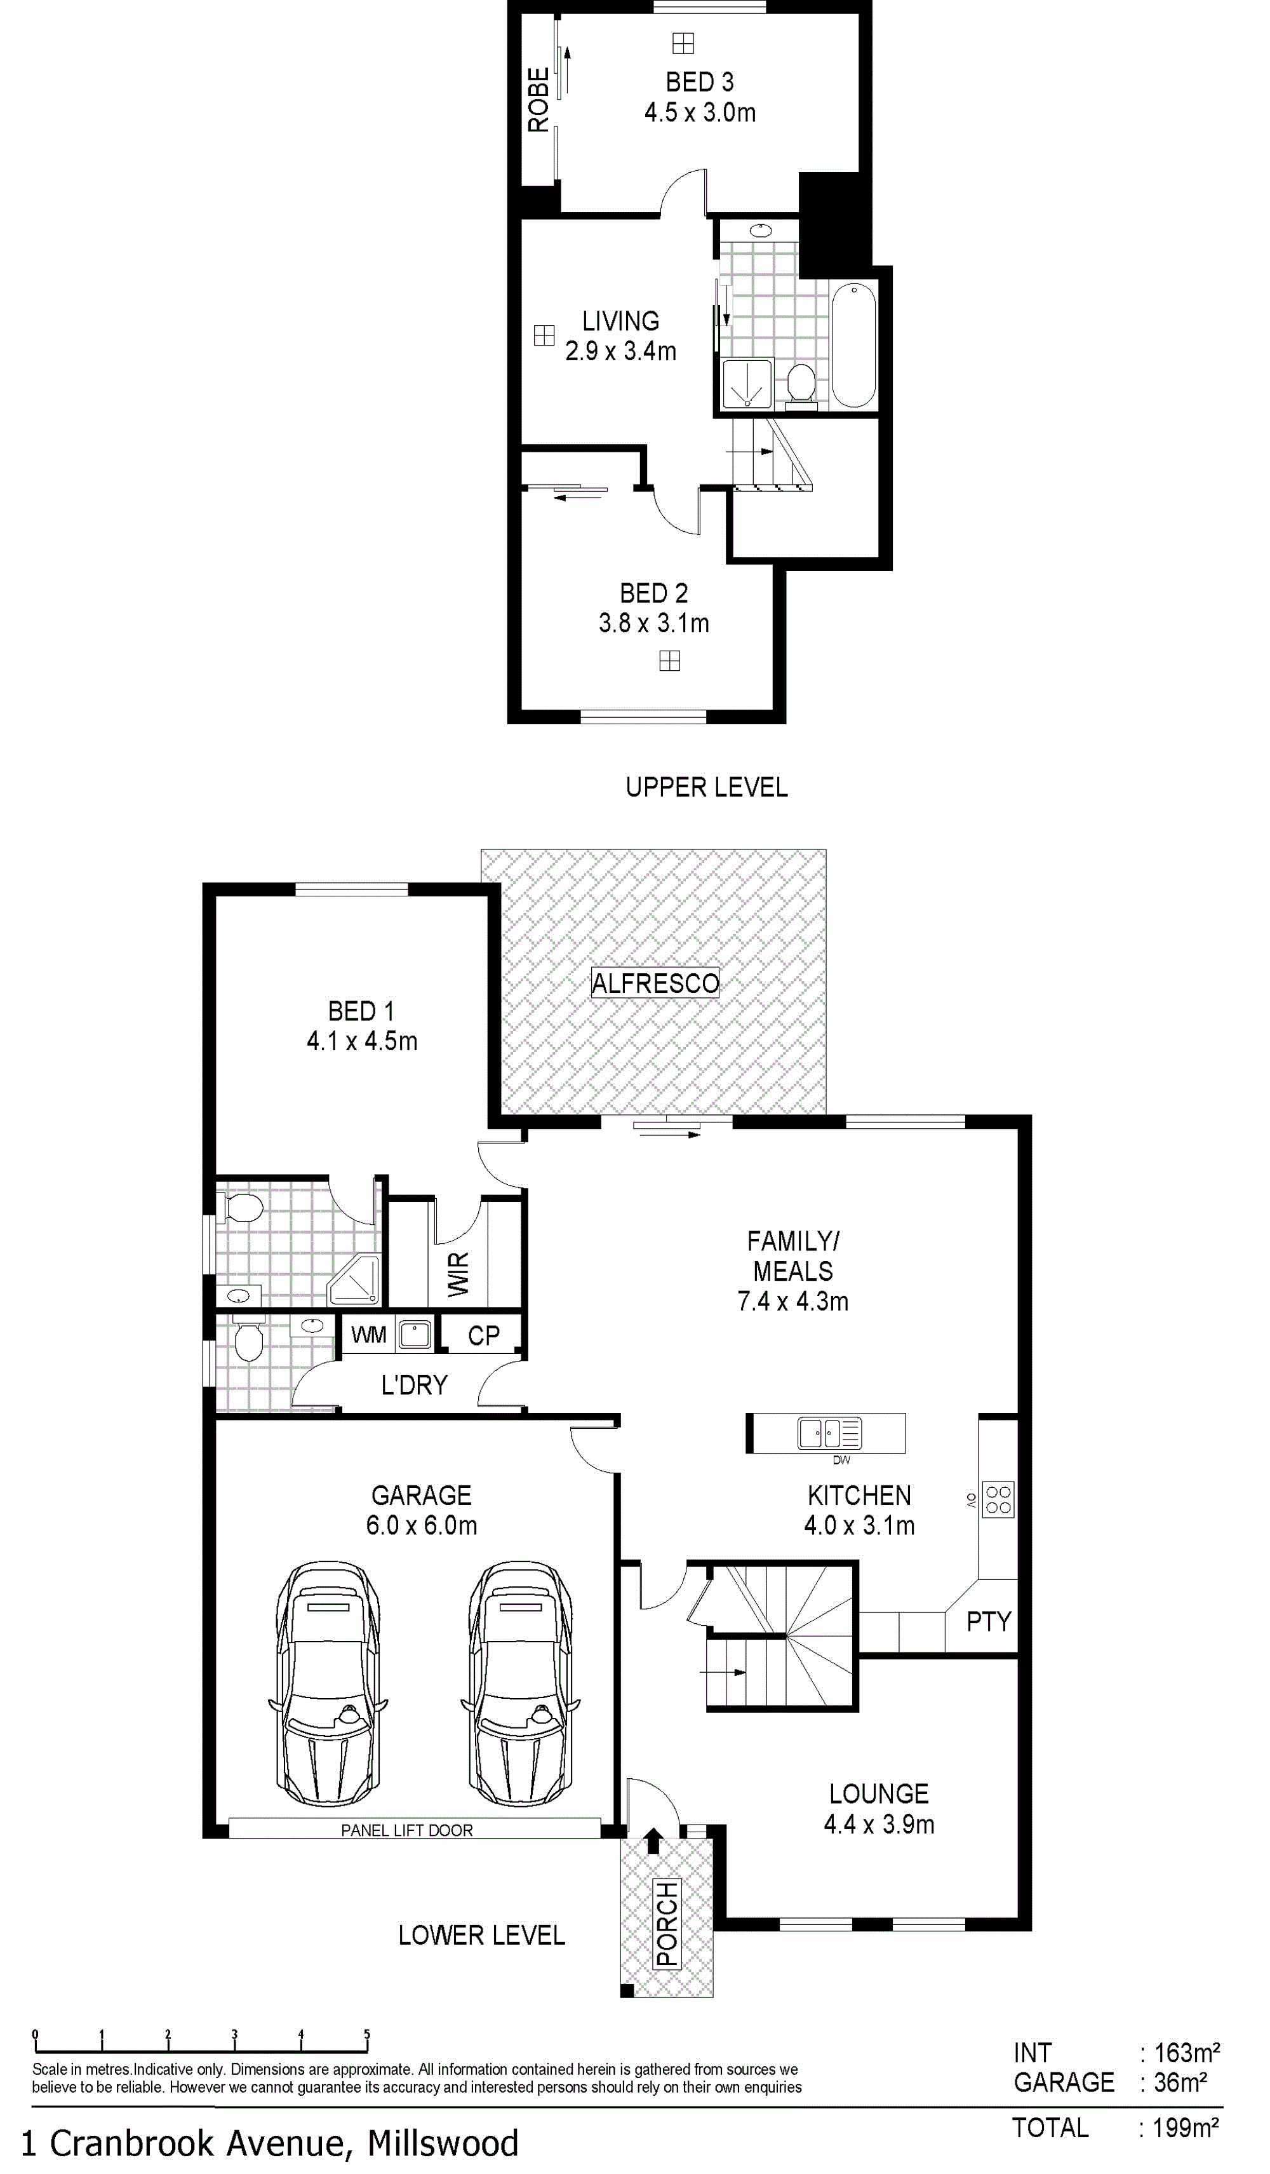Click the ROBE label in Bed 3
538,100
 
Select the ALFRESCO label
655,983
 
